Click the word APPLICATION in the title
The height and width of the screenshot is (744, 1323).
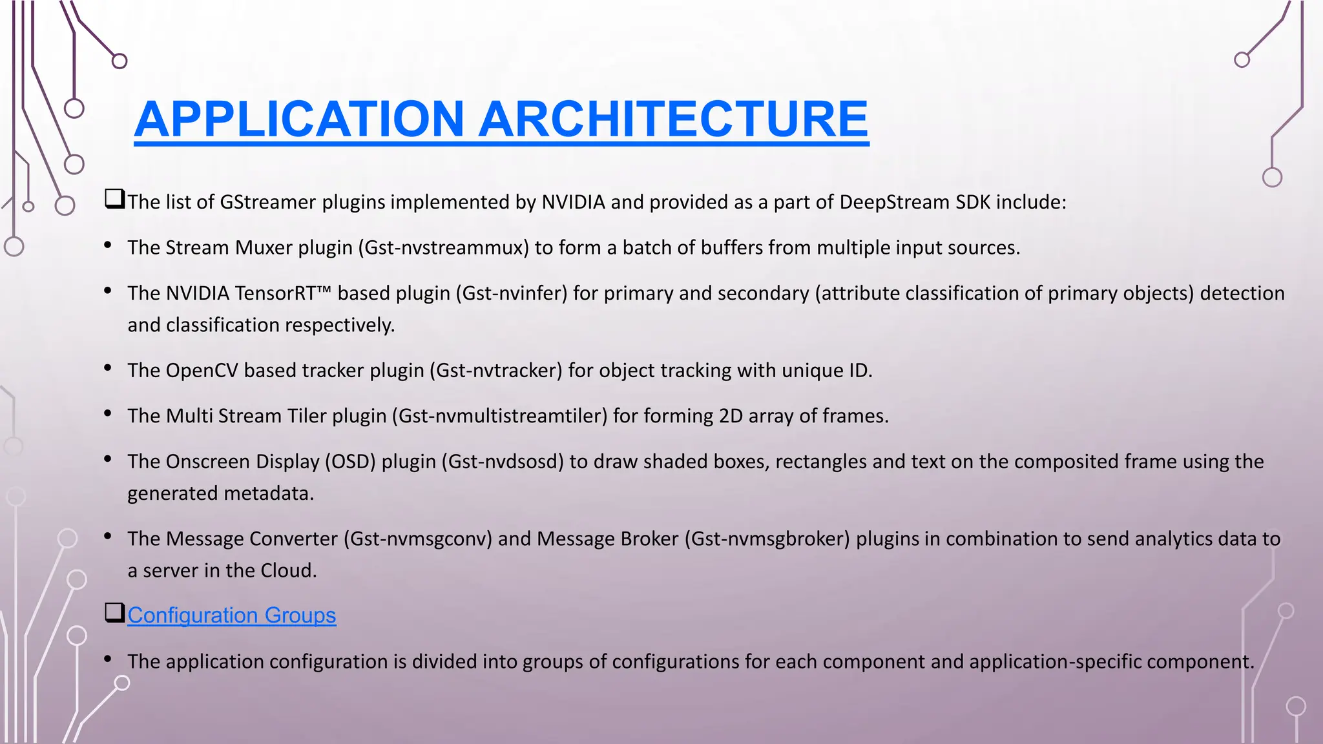coord(299,119)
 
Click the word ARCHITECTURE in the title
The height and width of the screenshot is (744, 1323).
coord(673,119)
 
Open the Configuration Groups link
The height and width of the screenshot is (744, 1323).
coord(231,615)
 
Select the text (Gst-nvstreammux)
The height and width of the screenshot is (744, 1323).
coord(444,248)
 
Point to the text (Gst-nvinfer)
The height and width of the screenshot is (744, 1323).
coord(512,293)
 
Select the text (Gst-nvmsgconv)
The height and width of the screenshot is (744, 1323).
coord(418,539)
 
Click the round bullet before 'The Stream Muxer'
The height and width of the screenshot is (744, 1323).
coord(108,245)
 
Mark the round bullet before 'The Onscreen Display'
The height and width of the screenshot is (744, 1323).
coord(108,459)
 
